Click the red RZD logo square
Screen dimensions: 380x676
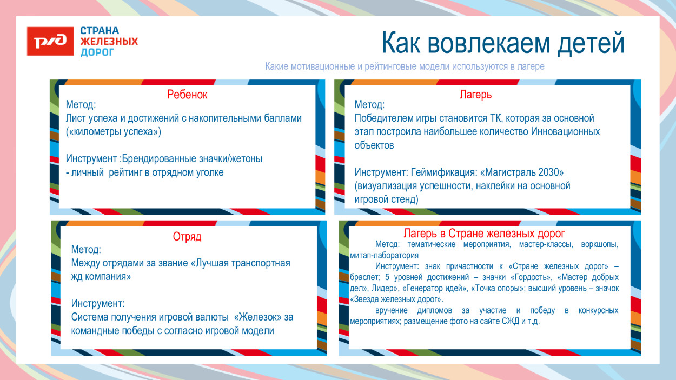click(x=50, y=41)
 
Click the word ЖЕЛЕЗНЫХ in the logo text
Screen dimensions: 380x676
click(x=109, y=42)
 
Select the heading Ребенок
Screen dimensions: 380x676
click(x=187, y=95)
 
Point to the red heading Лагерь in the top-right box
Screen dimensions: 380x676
click(x=475, y=95)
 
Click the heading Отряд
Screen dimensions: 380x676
click(x=187, y=237)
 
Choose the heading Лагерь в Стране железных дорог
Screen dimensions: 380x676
click(x=484, y=234)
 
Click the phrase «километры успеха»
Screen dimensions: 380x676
click(x=114, y=131)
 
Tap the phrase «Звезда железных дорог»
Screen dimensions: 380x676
click(x=396, y=299)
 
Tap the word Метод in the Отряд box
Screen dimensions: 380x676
click(x=85, y=250)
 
